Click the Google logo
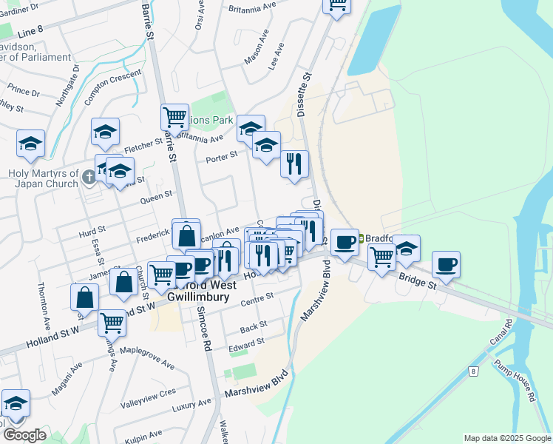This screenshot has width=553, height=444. (24, 435)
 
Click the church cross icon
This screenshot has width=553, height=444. (88, 176)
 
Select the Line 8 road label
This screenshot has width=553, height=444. (30, 33)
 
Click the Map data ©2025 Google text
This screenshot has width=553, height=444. (506, 438)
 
